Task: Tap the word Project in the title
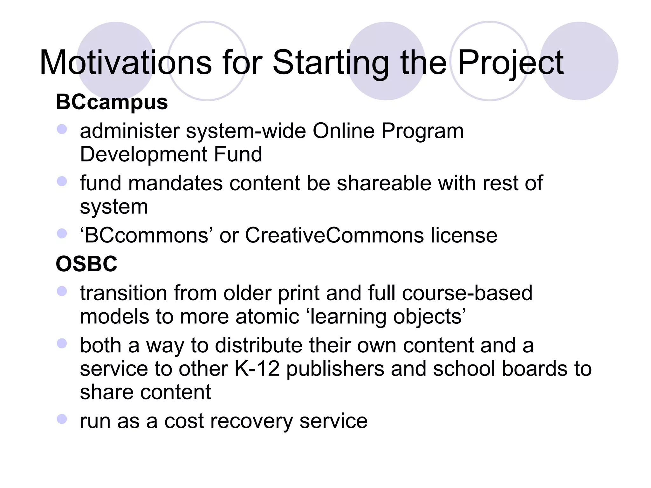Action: [511, 63]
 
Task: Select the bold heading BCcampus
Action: [112, 102]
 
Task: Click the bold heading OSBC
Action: [86, 264]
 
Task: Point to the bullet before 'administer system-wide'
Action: [62, 129]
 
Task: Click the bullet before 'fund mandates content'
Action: [62, 181]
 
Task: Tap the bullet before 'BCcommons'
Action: [62, 234]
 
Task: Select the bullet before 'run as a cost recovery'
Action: [62, 419]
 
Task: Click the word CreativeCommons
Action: [334, 235]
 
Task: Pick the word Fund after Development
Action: [238, 154]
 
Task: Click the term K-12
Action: [257, 369]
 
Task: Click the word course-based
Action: [467, 293]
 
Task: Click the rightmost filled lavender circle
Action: [579, 61]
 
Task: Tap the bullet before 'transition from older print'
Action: [62, 291]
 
